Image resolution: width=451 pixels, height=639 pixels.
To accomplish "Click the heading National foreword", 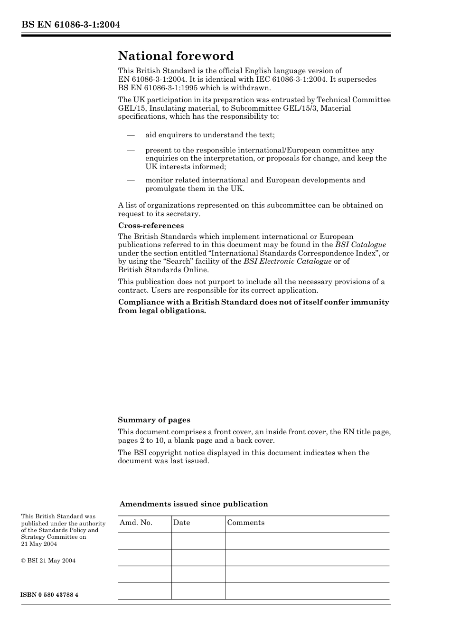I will (176, 56).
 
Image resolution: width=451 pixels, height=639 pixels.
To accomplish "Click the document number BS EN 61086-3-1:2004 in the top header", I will (70, 25).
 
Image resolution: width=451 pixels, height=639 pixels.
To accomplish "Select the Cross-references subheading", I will (151, 226).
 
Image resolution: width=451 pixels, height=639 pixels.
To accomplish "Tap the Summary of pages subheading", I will (154, 420).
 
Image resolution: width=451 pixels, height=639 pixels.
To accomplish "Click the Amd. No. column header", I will (136, 523).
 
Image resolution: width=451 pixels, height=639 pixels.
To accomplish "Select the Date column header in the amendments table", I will (181, 523).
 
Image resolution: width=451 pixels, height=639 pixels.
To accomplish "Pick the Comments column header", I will (245, 523).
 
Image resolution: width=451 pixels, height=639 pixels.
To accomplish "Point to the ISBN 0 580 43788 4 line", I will (49, 595).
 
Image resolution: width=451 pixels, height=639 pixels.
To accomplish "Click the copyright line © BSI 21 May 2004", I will (48, 561).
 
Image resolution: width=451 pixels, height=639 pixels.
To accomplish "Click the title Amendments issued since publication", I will (193, 504).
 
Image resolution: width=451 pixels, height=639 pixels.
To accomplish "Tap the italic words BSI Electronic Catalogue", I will (287, 261).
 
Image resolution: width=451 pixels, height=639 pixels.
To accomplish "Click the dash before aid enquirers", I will (131, 135).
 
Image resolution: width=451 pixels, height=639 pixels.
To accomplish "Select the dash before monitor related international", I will (131, 180).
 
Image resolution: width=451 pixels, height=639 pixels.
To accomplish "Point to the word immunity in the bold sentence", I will (370, 302).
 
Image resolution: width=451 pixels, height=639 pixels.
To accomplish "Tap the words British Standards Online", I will (163, 270).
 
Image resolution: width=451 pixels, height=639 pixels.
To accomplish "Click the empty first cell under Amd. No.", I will (144, 541).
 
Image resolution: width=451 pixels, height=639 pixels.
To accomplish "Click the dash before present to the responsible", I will (131, 150).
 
